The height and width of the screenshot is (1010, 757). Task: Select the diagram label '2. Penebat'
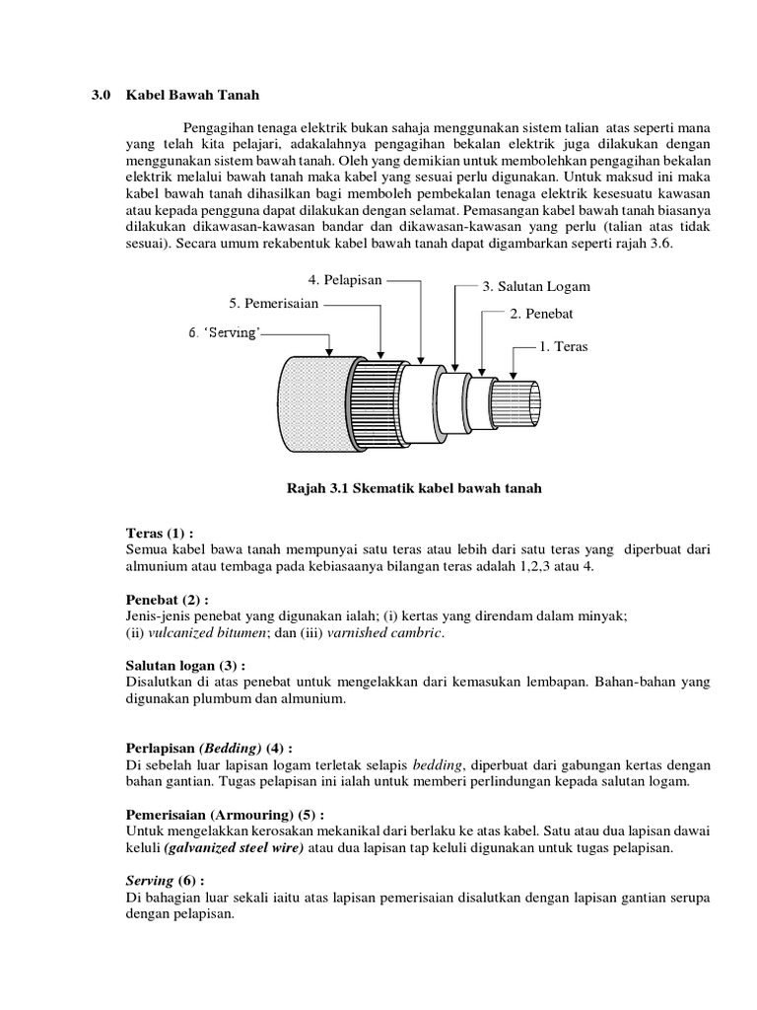click(541, 313)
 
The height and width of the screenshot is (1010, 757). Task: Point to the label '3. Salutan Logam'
click(535, 286)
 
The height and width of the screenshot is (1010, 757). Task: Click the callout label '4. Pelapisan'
click(345, 280)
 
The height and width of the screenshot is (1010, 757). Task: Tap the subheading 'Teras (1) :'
click(162, 533)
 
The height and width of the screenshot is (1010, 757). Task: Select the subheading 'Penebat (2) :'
click(168, 599)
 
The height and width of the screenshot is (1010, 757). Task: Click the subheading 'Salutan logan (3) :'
click(188, 666)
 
